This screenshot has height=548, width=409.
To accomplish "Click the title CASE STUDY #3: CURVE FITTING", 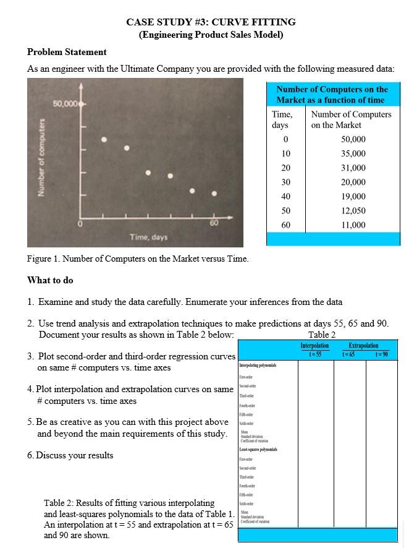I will point(211,22).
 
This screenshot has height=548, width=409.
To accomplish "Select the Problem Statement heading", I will point(67,51).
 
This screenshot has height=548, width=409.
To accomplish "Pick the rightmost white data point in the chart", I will point(214,194).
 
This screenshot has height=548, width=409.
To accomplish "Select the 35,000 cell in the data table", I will point(353,153).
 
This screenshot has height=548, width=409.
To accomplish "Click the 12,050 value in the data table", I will point(353,210).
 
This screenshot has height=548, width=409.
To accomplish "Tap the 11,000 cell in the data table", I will point(353,225).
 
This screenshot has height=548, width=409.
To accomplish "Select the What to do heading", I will point(50,280).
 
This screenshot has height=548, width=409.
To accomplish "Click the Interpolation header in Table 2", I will point(314,345).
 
